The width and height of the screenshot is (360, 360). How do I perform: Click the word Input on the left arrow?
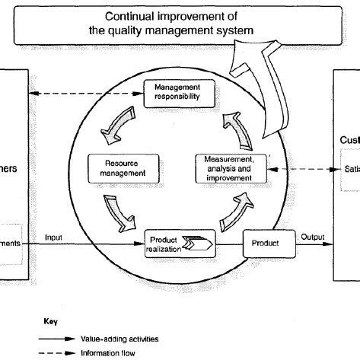point(55,237)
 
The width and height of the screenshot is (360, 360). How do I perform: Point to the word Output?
point(312,237)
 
